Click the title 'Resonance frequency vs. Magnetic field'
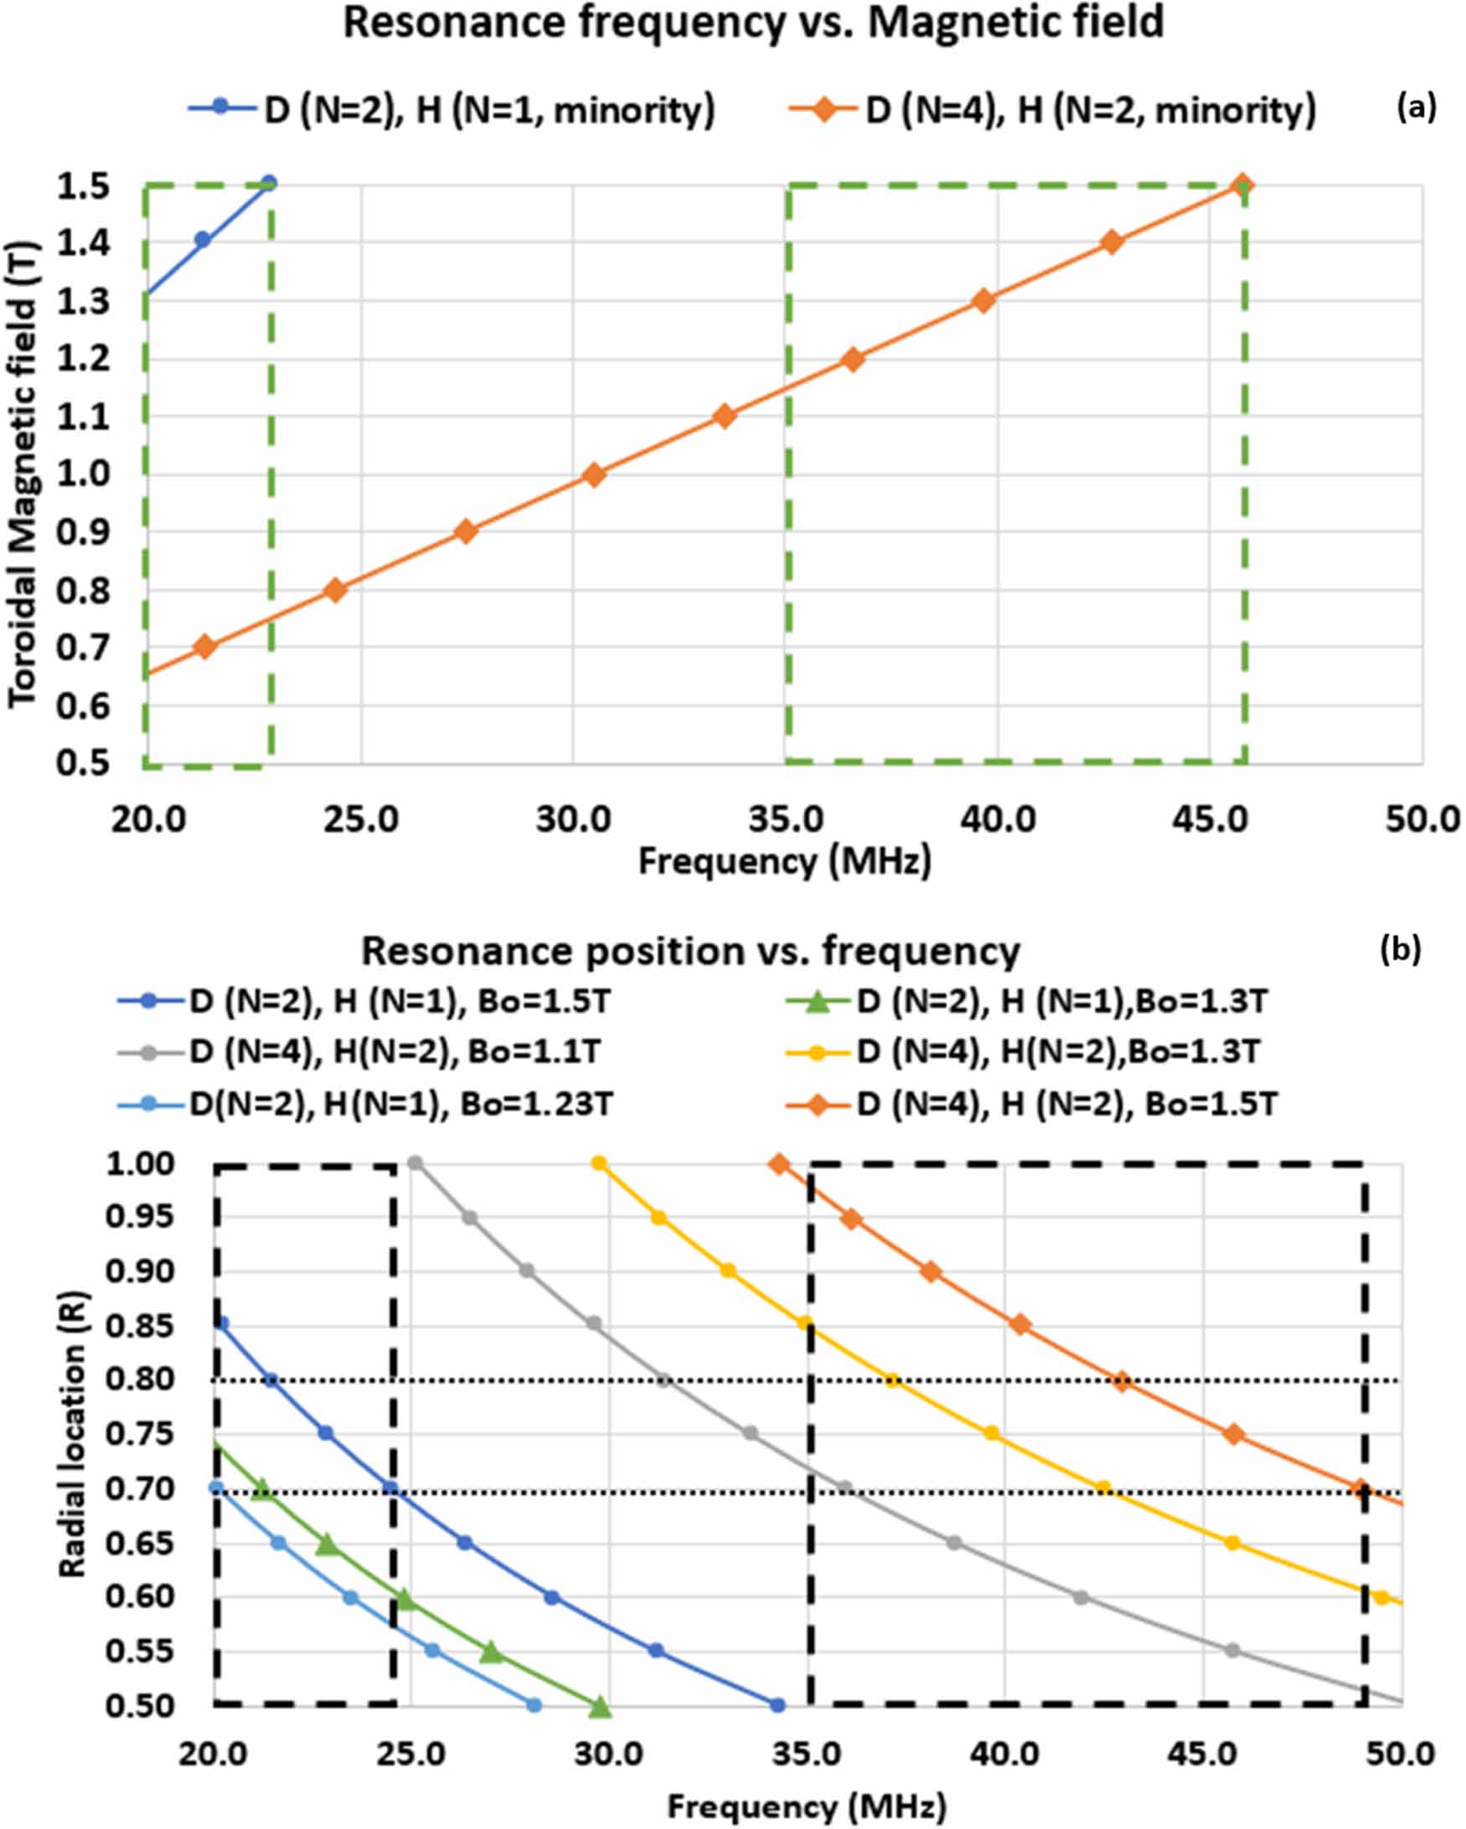point(752,23)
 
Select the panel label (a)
point(1416,108)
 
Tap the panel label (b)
point(1400,950)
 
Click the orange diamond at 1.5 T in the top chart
point(1241,185)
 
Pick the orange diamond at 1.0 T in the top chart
point(594,474)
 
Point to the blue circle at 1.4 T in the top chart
point(202,240)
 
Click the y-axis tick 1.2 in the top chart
point(82,359)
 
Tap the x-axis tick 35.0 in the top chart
point(785,819)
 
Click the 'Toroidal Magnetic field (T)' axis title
point(22,475)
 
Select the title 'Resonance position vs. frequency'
point(690,951)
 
